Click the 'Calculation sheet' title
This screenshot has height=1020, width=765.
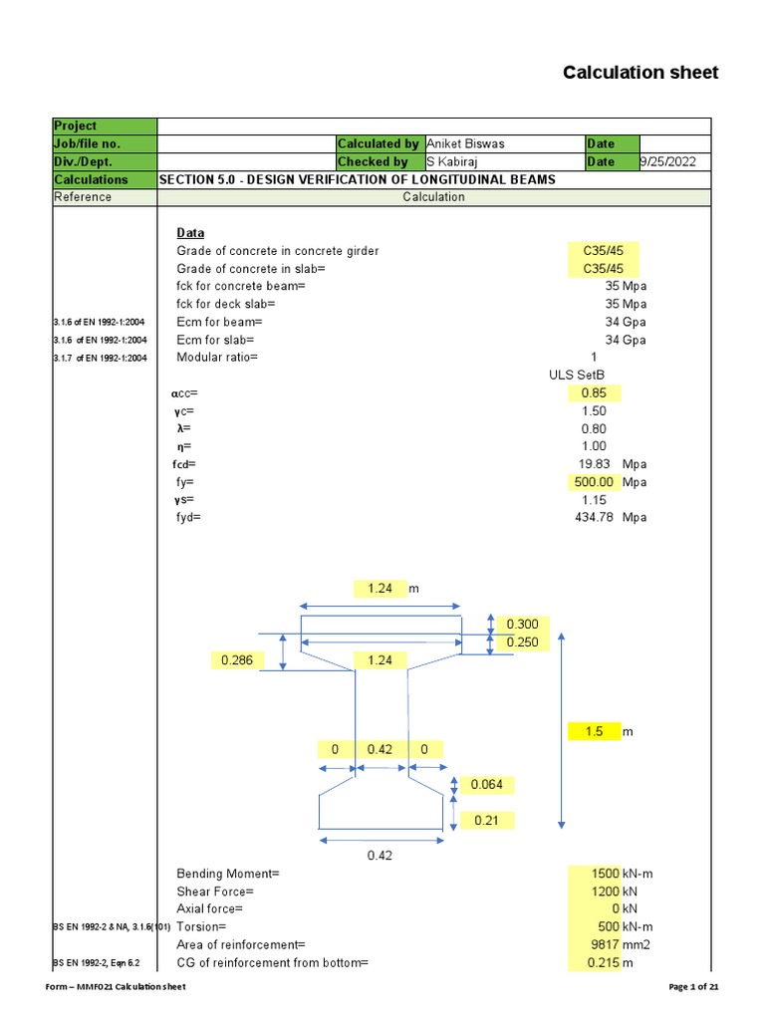pos(639,73)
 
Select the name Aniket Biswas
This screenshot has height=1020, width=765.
pos(466,143)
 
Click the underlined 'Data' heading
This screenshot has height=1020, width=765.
pos(190,233)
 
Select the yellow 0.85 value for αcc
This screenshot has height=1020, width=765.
pos(594,392)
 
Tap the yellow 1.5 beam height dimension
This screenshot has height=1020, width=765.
pos(595,731)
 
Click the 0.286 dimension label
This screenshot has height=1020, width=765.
pos(236,659)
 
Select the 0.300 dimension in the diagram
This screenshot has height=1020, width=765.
pos(522,625)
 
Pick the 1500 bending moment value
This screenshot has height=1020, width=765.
pos(607,874)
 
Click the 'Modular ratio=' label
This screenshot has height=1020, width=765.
pos(217,358)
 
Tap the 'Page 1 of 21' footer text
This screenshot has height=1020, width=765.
pos(692,986)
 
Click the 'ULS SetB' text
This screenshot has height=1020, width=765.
pos(577,376)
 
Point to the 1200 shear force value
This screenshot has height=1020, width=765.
pos(607,892)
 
